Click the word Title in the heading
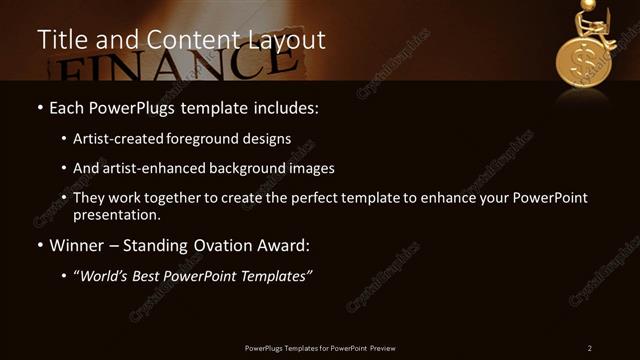coord(60,40)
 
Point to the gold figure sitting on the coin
coord(589,23)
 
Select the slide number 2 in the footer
coord(590,347)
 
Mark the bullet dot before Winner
coord(39,245)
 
